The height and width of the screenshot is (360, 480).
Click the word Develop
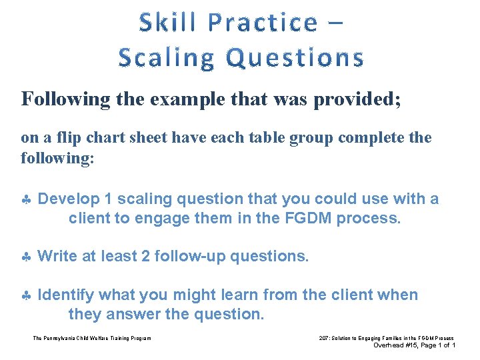[x=68, y=199]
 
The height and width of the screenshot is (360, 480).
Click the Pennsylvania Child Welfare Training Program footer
[x=92, y=338]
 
